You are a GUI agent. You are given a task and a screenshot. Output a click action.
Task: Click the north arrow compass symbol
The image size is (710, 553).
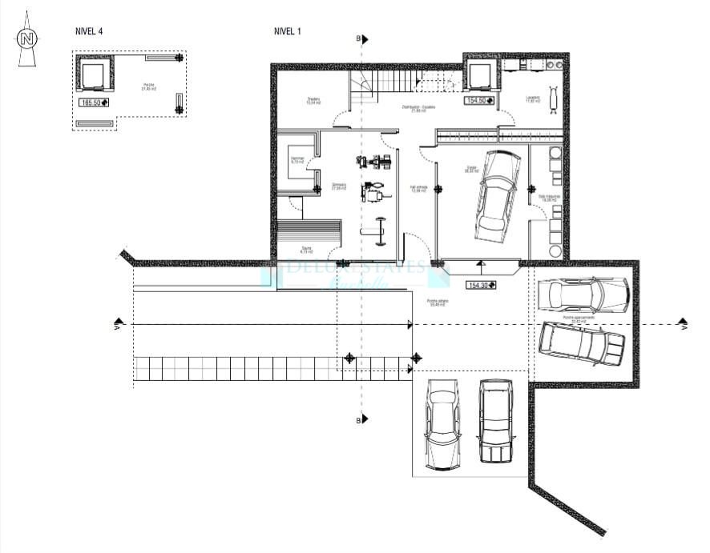(28, 38)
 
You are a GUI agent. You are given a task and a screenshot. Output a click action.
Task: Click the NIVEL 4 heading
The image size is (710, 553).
(90, 31)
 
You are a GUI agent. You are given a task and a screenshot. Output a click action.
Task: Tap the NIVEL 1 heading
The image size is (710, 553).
(288, 31)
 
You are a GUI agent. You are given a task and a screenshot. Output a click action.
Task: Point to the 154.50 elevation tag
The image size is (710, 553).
(480, 102)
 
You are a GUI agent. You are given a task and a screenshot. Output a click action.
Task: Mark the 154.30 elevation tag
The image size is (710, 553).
(482, 285)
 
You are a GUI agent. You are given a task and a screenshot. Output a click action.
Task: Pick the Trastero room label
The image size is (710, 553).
(313, 101)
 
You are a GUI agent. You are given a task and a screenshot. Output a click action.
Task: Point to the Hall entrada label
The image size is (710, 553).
(418, 188)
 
